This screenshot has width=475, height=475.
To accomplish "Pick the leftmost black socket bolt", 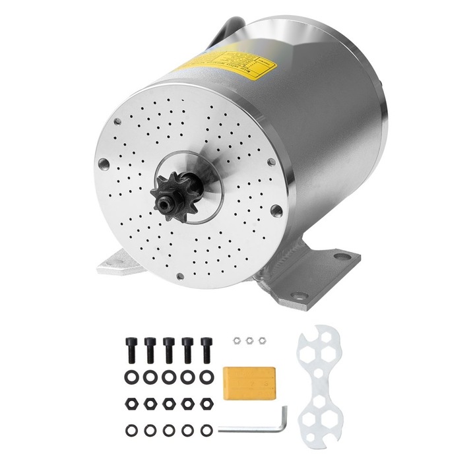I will tap(130, 348).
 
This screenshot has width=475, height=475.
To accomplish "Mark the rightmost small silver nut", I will tap(261, 340).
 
